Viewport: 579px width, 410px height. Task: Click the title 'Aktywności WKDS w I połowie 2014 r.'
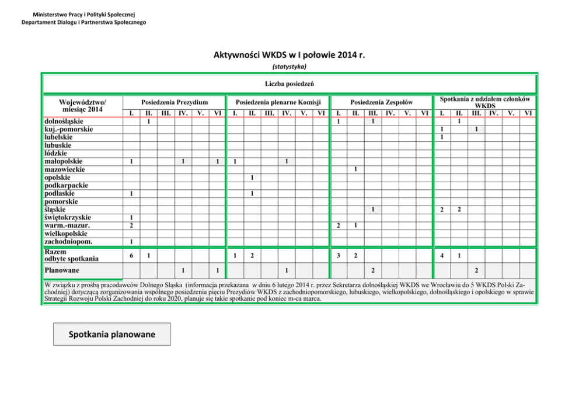pos(289,55)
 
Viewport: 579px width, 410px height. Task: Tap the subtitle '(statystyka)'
pos(289,67)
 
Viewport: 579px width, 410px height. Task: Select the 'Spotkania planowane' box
pos(112,335)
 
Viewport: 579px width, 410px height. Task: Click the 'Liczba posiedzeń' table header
pos(289,84)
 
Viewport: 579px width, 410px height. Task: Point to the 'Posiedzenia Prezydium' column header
pos(175,102)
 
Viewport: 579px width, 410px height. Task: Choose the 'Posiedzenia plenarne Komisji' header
pos(278,102)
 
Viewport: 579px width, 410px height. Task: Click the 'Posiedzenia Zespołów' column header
pos(381,102)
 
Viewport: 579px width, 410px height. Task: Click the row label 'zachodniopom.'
pos(69,241)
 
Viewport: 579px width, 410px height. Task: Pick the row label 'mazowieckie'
pos(65,169)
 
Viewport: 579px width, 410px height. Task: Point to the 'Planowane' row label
pos(62,270)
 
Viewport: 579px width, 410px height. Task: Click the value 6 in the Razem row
pos(132,255)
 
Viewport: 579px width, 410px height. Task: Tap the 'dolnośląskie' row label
pos(64,121)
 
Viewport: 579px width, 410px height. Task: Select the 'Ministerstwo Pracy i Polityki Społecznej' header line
pos(84,14)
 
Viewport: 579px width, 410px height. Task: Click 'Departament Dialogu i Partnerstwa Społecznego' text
pos(84,22)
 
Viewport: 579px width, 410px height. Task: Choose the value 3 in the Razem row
pos(339,255)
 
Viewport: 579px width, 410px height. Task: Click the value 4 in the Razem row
pos(442,255)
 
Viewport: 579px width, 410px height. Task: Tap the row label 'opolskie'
pos(58,178)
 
